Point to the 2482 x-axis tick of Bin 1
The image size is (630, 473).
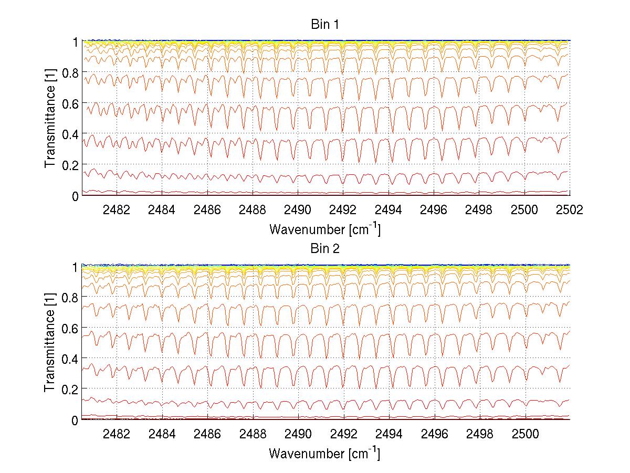(x=117, y=210)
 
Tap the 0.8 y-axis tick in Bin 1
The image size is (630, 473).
(x=71, y=72)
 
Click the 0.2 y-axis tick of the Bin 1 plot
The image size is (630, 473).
(x=71, y=165)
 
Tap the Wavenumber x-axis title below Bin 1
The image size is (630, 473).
(x=324, y=229)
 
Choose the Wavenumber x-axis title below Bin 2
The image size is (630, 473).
(x=324, y=453)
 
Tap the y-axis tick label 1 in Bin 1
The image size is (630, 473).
(x=76, y=41)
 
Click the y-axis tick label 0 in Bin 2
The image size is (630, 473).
(x=76, y=420)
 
